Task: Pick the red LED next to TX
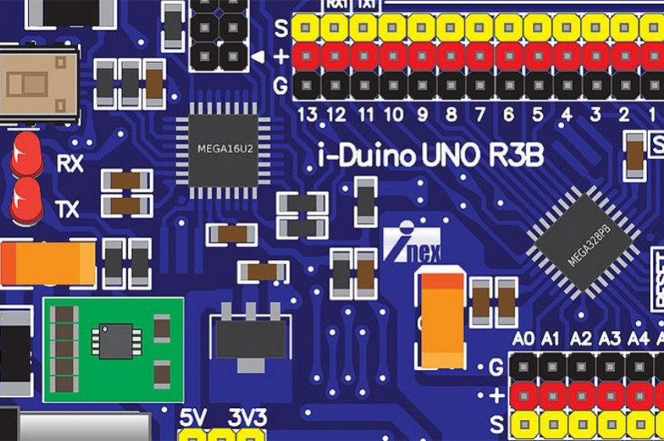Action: [x=27, y=199]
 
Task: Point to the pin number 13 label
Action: [x=307, y=116]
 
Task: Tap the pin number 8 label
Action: [x=451, y=116]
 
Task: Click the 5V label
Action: [x=193, y=418]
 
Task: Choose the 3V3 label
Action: [x=246, y=418]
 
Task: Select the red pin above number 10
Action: [x=393, y=57]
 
